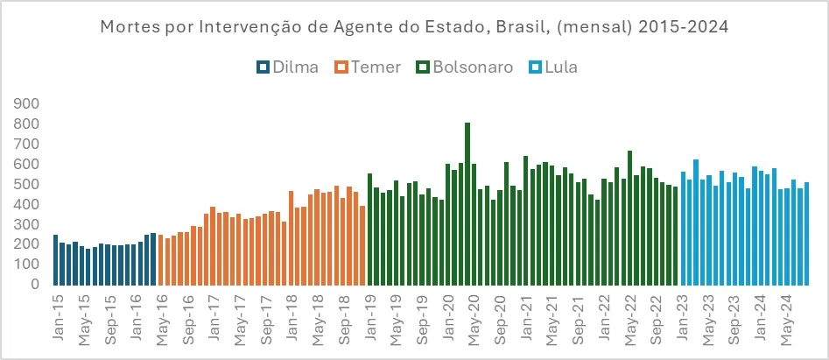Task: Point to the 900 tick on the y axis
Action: (x=26, y=103)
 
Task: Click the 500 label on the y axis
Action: (x=26, y=184)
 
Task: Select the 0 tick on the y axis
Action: (x=36, y=285)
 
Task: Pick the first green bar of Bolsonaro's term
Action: (x=369, y=229)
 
